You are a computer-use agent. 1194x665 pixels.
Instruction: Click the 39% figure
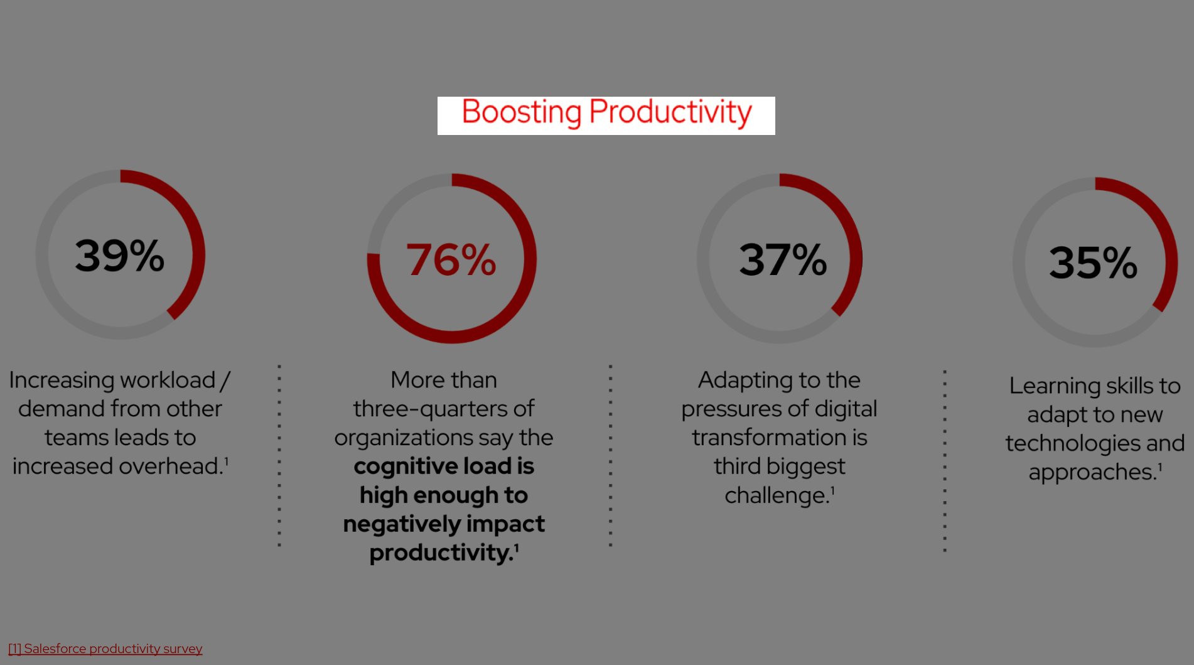pyautogui.click(x=119, y=256)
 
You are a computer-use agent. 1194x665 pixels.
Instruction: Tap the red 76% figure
pyautogui.click(x=451, y=259)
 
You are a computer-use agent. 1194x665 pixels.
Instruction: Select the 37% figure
pyautogui.click(x=783, y=259)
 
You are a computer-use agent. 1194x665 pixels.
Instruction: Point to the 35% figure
pyautogui.click(x=1093, y=262)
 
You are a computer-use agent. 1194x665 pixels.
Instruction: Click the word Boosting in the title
pyautogui.click(x=522, y=112)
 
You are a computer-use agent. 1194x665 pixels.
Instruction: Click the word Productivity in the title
pyautogui.click(x=670, y=112)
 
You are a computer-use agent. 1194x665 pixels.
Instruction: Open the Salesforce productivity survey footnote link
pyautogui.click(x=105, y=649)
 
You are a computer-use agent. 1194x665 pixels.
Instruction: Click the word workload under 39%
pyautogui.click(x=168, y=380)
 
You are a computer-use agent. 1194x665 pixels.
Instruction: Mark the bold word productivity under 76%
pyautogui.click(x=441, y=553)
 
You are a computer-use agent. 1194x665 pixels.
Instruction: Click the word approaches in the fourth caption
pyautogui.click(x=1092, y=472)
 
